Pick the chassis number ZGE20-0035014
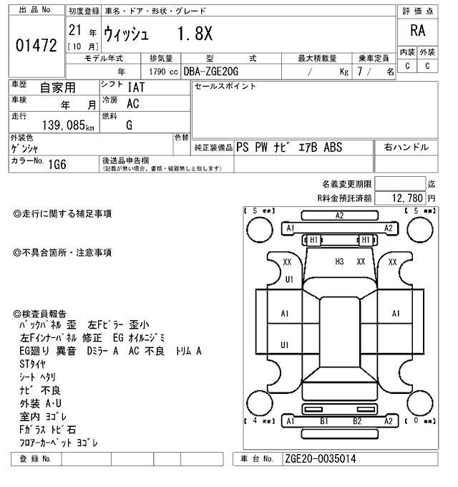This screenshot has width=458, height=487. [x=321, y=459]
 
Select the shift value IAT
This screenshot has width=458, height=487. [x=137, y=87]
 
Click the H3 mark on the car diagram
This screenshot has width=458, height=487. [x=339, y=262]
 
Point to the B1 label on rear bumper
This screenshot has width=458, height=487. [x=323, y=421]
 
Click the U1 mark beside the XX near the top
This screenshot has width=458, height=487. [x=289, y=279]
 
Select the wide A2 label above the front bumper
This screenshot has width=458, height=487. [x=340, y=215]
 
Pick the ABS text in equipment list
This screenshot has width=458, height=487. [x=333, y=147]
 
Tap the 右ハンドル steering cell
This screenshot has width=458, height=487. [x=406, y=147]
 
